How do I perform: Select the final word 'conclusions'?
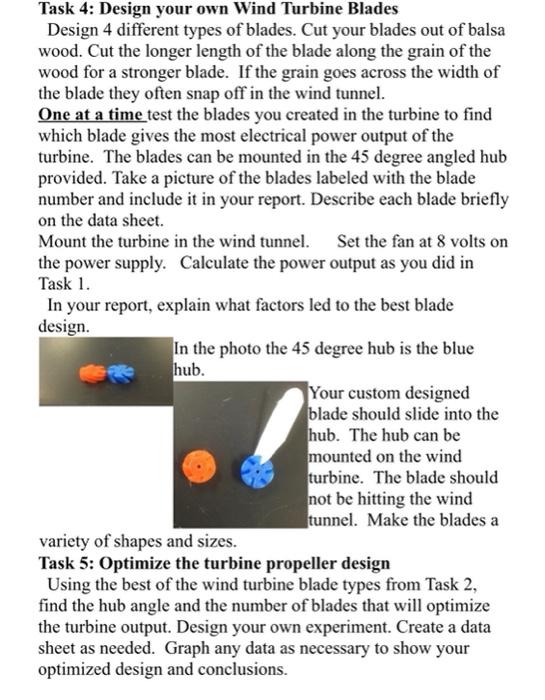tap(239, 669)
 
